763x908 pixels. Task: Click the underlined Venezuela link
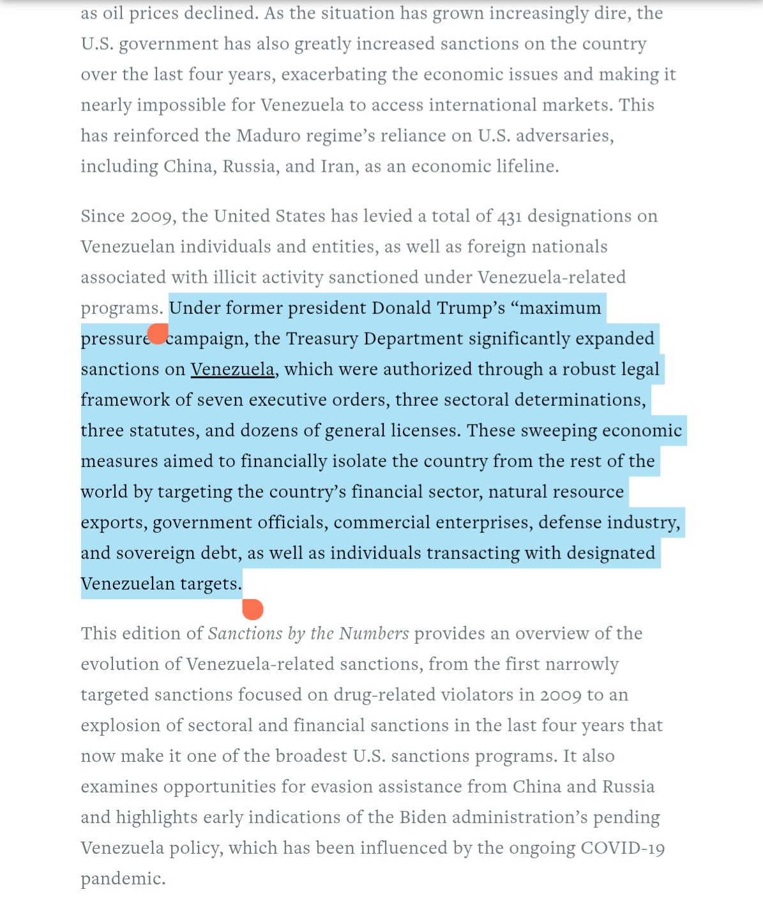232,369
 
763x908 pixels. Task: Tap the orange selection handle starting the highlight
158,333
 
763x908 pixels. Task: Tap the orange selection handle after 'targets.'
253,609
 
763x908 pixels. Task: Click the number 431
510,216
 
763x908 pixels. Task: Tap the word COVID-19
623,848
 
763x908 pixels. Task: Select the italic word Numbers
374,634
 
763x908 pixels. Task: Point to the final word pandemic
123,879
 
